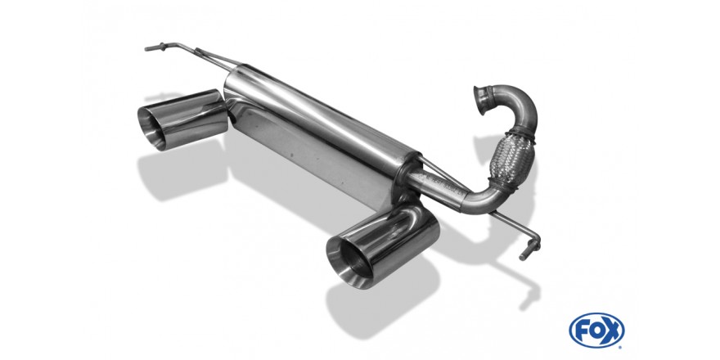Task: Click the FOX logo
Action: pyautogui.click(x=596, y=331)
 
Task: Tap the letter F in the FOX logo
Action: pyautogui.click(x=582, y=331)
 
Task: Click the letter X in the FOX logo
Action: pyautogui.click(x=612, y=331)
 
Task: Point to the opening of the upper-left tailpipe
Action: pyautogui.click(x=152, y=127)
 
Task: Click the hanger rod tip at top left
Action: pyautogui.click(x=148, y=47)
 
